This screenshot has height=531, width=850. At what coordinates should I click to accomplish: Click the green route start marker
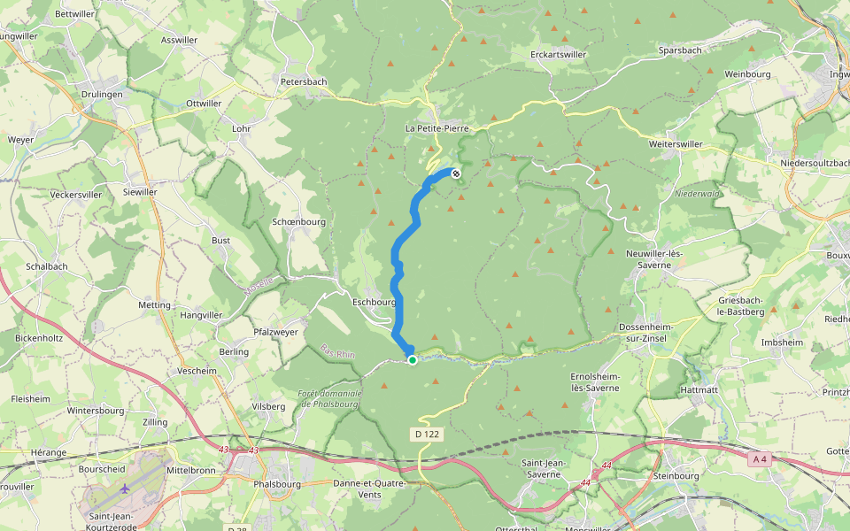click(413, 359)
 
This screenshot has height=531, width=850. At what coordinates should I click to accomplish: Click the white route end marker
click(456, 173)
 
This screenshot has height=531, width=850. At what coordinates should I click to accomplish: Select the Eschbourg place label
click(375, 301)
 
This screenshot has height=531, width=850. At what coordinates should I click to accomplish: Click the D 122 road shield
click(426, 435)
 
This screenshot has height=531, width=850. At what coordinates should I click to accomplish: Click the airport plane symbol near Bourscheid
click(125, 488)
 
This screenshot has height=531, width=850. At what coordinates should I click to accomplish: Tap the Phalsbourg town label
click(277, 484)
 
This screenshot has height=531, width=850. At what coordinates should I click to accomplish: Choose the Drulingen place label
click(102, 94)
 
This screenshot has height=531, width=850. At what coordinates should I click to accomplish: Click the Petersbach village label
click(304, 81)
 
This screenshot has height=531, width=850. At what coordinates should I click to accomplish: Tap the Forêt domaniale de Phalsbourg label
click(330, 398)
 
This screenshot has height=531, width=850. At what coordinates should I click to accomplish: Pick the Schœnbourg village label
click(299, 222)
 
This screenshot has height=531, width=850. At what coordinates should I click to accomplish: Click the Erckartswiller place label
click(559, 54)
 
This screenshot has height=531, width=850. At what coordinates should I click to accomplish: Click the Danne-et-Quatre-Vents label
click(369, 489)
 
